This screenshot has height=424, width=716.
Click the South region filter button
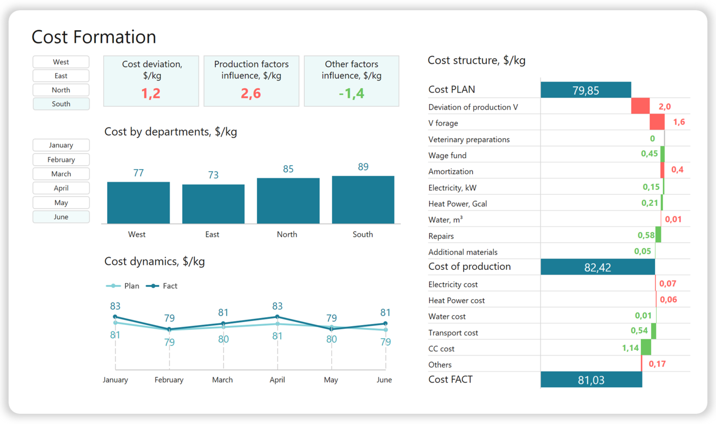[61, 104]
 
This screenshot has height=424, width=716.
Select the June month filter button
[61, 217]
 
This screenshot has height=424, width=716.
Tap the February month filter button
[61, 160]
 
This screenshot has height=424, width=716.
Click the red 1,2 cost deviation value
[151, 93]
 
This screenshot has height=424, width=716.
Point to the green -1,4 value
[351, 93]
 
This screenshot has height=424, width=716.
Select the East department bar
[213, 204]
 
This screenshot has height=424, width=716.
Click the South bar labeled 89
[363, 199]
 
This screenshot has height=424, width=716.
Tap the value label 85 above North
[288, 169]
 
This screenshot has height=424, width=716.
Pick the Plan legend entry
[123, 286]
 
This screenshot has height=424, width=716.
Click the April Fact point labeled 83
[277, 317]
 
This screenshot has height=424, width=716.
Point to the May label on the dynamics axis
[331, 380]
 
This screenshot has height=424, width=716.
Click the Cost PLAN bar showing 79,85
[586, 90]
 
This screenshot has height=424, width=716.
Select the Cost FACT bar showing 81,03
[591, 380]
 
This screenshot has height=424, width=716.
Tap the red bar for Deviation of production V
[640, 106]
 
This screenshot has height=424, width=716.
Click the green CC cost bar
[646, 347]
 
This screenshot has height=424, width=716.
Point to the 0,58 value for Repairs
[646, 235]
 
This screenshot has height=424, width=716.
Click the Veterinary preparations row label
[469, 140]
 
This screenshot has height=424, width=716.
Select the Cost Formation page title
[94, 37]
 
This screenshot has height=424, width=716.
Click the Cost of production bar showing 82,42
[597, 267]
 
